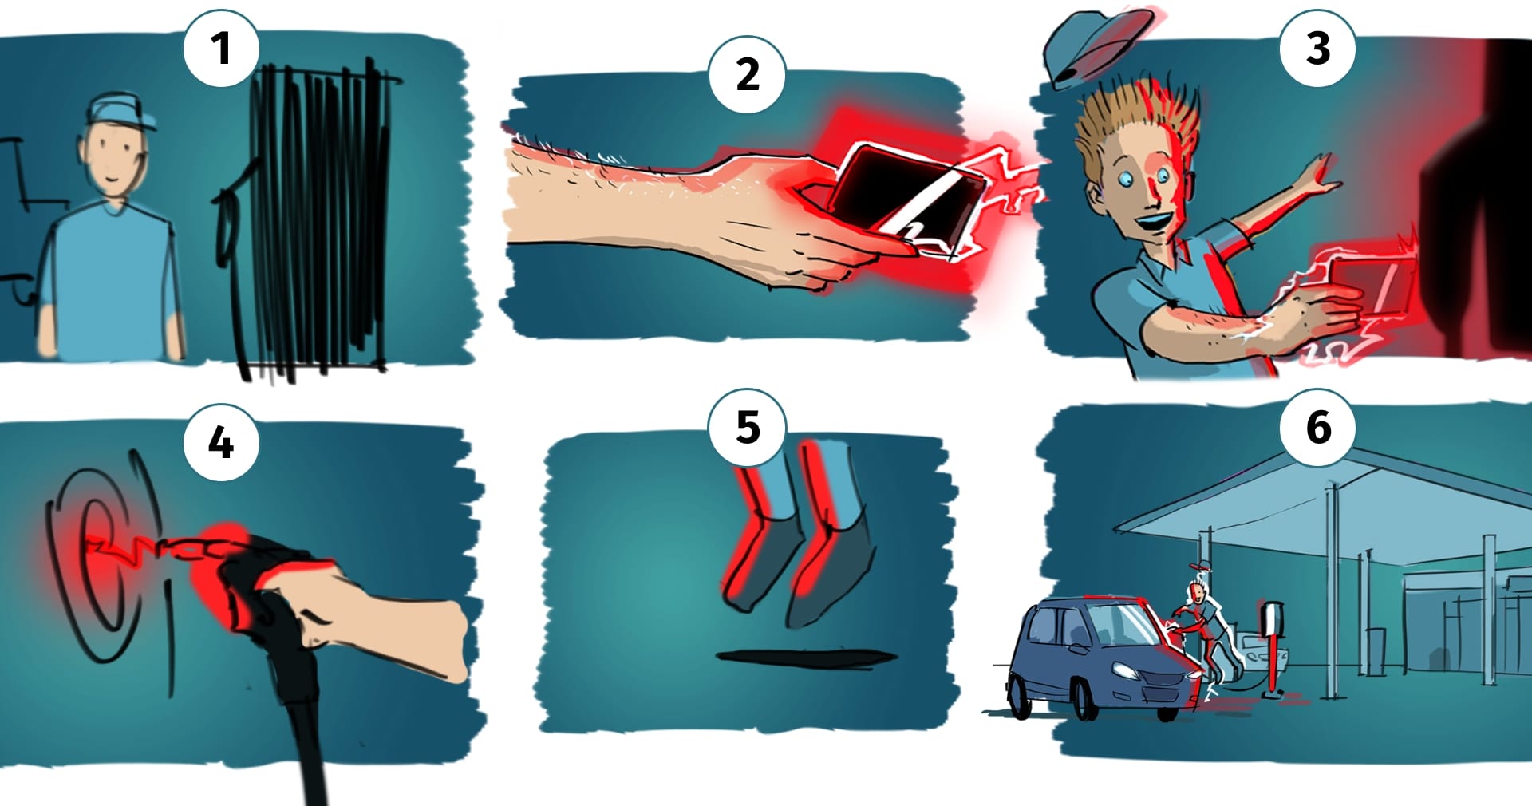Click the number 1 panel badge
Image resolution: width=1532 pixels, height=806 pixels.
(221, 48)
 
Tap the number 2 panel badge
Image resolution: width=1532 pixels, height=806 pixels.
(748, 74)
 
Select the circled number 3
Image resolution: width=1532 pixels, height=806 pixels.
(1318, 48)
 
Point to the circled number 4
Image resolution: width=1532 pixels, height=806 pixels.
(221, 442)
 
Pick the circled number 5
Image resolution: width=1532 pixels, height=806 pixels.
(748, 427)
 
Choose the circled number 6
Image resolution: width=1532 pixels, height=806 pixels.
(1318, 427)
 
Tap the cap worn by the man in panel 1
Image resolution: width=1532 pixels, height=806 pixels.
(121, 111)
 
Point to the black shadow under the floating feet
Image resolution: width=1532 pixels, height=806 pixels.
(806, 657)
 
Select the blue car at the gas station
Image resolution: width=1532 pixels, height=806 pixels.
(1106, 658)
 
